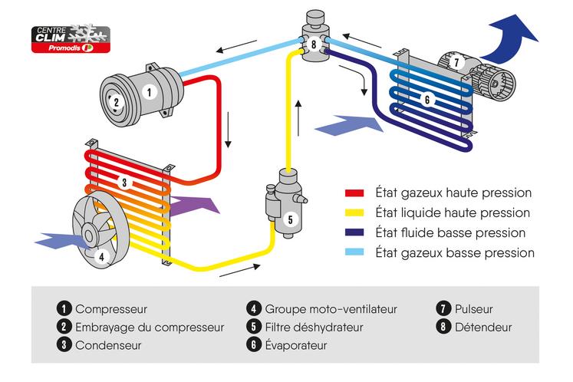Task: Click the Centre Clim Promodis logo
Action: coord(70,38)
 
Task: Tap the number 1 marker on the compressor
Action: coord(149,91)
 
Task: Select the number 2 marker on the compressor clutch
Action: coord(115,102)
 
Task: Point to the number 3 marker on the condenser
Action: coord(122,183)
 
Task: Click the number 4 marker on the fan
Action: coord(100,257)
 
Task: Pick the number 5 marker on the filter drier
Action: coord(289,219)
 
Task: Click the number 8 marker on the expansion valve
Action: coord(313,44)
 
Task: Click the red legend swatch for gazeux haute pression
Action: coord(354,193)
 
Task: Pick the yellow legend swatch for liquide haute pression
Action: coord(354,212)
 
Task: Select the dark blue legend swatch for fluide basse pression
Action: coord(354,232)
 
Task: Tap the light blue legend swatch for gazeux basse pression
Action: coord(354,252)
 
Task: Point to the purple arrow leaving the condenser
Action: coord(196,205)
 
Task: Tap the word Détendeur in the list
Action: coord(483,328)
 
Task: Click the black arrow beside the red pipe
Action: coord(228,132)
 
